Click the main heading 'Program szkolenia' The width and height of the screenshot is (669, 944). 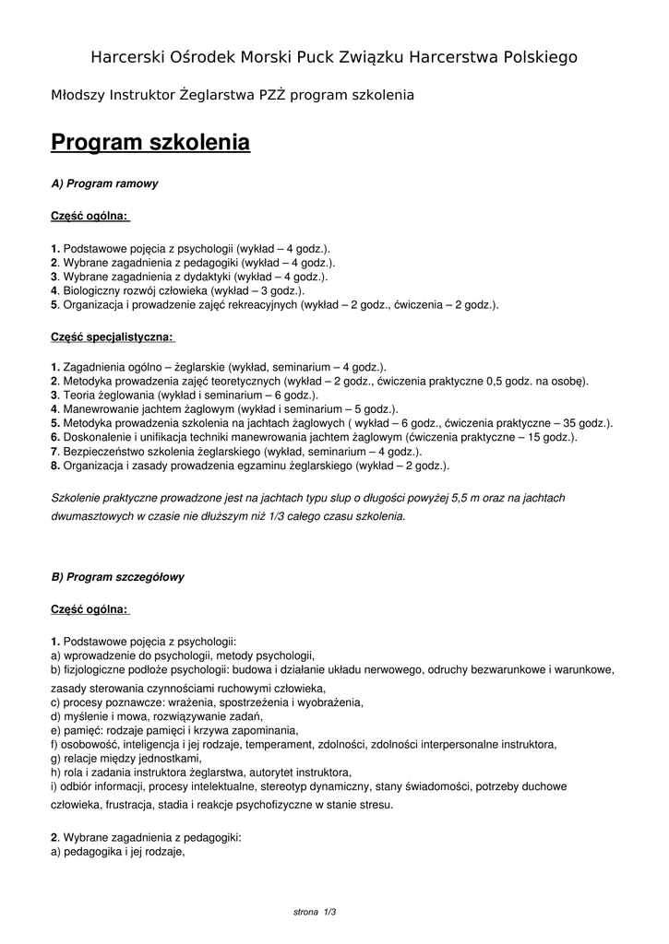(x=149, y=143)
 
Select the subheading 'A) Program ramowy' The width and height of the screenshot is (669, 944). (x=104, y=183)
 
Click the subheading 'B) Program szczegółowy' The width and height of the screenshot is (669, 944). (x=117, y=577)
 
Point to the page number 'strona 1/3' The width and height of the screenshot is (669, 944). (x=314, y=912)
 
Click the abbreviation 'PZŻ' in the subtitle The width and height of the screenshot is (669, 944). (x=268, y=95)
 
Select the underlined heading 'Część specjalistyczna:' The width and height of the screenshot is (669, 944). (x=112, y=337)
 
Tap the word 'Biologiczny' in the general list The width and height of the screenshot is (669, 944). (x=90, y=289)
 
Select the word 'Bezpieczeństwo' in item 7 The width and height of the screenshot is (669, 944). (x=101, y=452)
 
